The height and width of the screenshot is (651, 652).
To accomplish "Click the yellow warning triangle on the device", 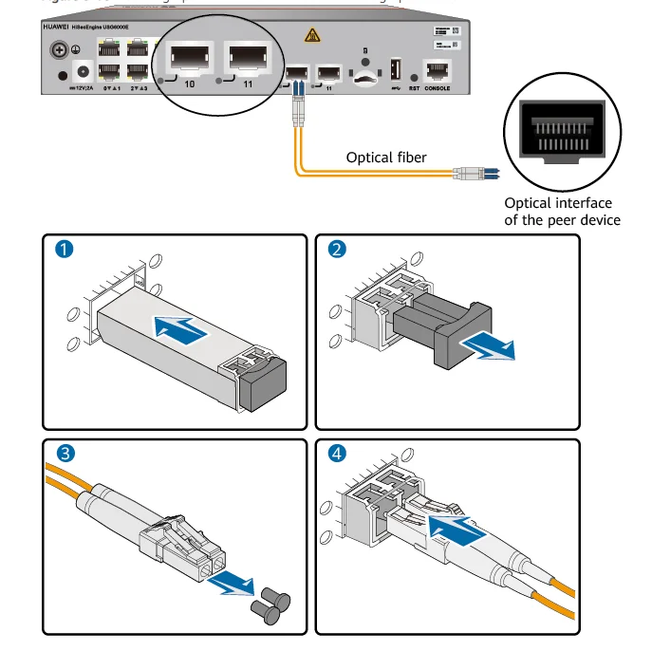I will point(310,35).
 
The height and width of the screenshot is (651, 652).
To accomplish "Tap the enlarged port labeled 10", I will point(190,61).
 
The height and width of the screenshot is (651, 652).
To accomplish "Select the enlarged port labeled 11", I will point(249,61).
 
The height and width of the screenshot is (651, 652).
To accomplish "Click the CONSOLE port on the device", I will point(437,71).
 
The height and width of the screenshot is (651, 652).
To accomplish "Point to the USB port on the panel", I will point(396,70).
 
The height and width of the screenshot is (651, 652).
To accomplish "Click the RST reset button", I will point(414,75).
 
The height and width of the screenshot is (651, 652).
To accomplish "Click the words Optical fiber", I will point(386,157).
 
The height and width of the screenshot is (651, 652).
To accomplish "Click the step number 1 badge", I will point(64,251).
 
